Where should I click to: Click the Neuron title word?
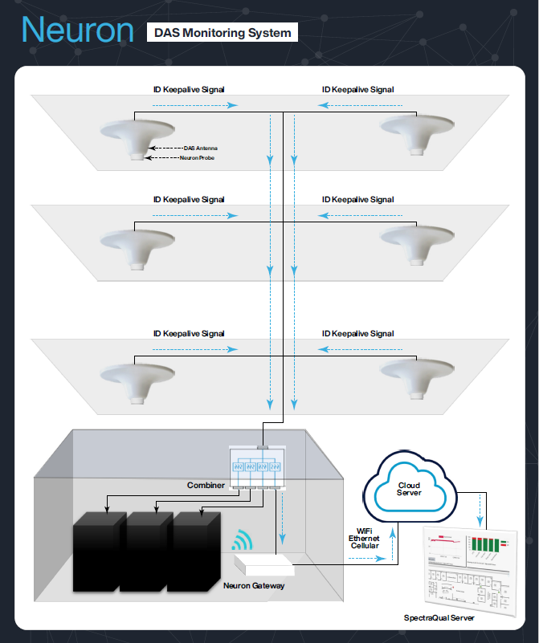click(77, 31)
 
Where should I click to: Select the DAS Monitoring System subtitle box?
click(222, 33)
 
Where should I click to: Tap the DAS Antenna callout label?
click(200, 149)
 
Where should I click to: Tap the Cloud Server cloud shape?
click(409, 489)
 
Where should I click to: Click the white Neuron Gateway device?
click(264, 564)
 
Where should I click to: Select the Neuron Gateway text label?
click(253, 586)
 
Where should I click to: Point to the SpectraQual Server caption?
click(439, 618)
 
